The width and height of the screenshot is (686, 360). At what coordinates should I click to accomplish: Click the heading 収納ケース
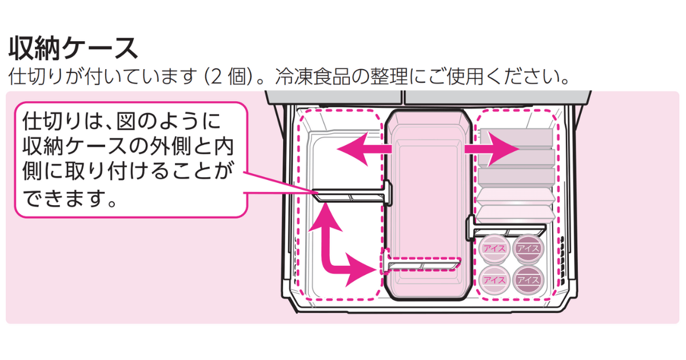pyautogui.click(x=73, y=48)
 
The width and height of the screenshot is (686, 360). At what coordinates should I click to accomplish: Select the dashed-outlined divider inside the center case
pyautogui.click(x=423, y=265)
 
